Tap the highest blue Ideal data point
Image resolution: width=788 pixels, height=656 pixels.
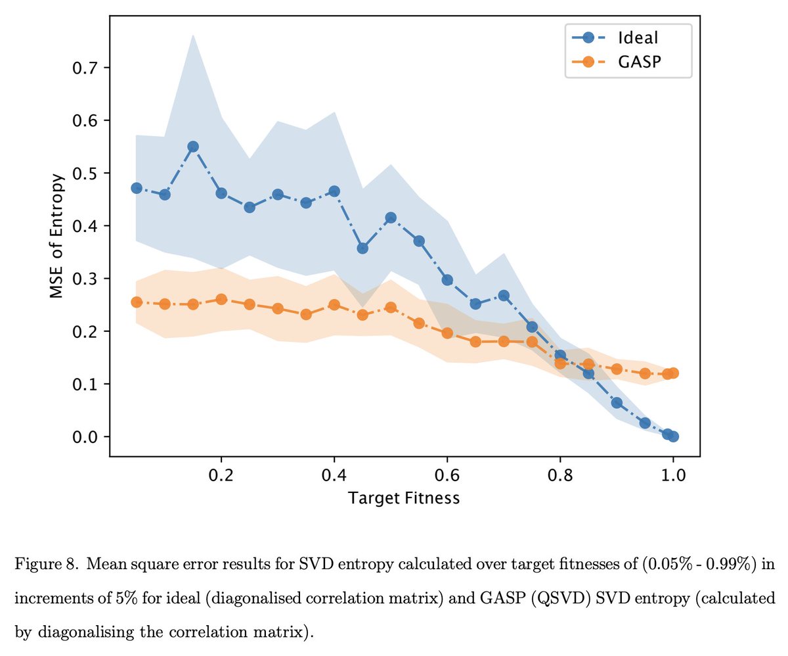point(193,147)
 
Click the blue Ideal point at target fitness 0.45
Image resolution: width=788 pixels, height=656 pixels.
point(362,248)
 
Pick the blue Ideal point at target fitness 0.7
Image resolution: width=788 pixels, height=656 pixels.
point(504,295)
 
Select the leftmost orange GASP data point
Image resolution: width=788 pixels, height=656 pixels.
point(137,302)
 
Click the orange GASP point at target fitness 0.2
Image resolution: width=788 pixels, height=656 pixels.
point(221,299)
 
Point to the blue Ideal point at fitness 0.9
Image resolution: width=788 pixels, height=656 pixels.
point(617,402)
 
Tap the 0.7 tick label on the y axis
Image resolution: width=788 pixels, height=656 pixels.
point(83,68)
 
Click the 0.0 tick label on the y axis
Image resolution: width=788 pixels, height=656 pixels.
point(83,437)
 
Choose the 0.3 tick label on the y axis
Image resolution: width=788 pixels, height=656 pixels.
point(83,279)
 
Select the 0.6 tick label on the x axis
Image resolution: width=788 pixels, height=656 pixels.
point(447,474)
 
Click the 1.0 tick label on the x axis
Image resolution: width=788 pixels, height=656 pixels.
point(672,474)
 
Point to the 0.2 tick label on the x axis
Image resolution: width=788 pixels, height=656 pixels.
point(221,474)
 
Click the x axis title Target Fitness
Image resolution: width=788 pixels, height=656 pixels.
point(404,498)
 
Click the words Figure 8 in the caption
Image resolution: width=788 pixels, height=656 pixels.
point(42,564)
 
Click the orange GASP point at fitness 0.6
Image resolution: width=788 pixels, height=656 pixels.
point(447,333)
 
